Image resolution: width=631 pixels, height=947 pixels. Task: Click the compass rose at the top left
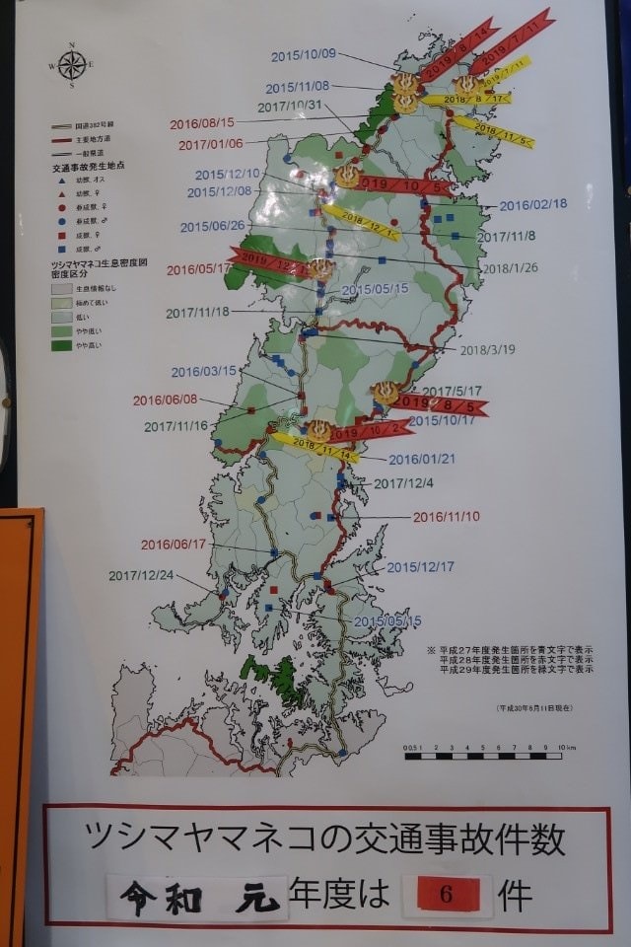click(x=71, y=64)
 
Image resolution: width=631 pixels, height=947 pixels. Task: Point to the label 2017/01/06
click(x=211, y=145)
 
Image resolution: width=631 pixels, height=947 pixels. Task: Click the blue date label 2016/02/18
click(x=533, y=205)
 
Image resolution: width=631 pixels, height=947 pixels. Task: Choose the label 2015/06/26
click(x=212, y=227)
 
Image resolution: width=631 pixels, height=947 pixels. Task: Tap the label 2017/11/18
click(x=197, y=313)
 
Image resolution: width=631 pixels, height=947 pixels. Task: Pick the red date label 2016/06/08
click(x=166, y=401)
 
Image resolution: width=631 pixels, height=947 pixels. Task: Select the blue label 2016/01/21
click(x=422, y=459)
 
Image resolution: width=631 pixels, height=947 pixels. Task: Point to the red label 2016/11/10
click(x=446, y=516)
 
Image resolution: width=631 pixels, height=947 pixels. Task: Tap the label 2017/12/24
click(x=141, y=576)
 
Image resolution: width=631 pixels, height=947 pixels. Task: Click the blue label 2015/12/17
click(x=420, y=567)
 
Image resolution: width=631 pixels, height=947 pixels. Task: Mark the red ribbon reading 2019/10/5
click(x=404, y=184)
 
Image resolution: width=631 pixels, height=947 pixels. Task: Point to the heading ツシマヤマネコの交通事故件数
click(x=326, y=840)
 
